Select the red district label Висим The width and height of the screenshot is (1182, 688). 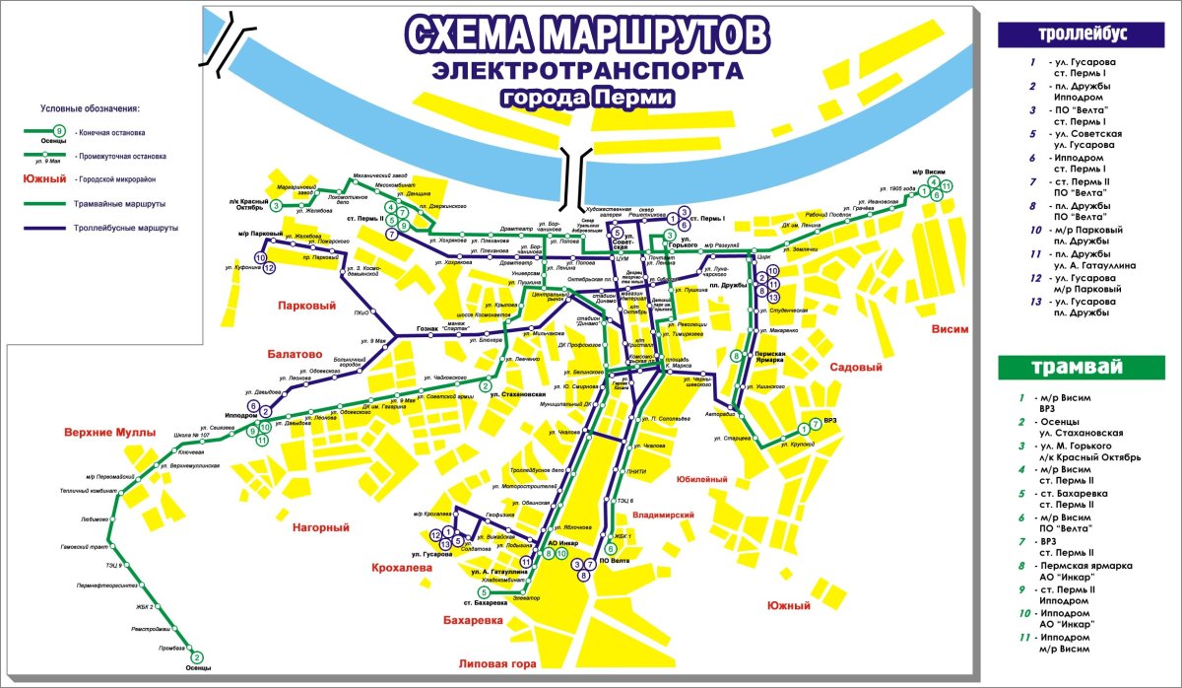[x=950, y=329]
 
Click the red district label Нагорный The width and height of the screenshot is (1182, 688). [x=321, y=528]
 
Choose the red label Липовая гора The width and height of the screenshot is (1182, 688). [x=497, y=664]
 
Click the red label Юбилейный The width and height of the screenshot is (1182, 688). [x=702, y=479]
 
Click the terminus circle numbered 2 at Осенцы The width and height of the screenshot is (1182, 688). [x=196, y=657]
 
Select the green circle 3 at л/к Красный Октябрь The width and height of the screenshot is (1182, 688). [x=277, y=206]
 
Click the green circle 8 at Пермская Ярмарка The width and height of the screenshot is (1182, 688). [x=736, y=357]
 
